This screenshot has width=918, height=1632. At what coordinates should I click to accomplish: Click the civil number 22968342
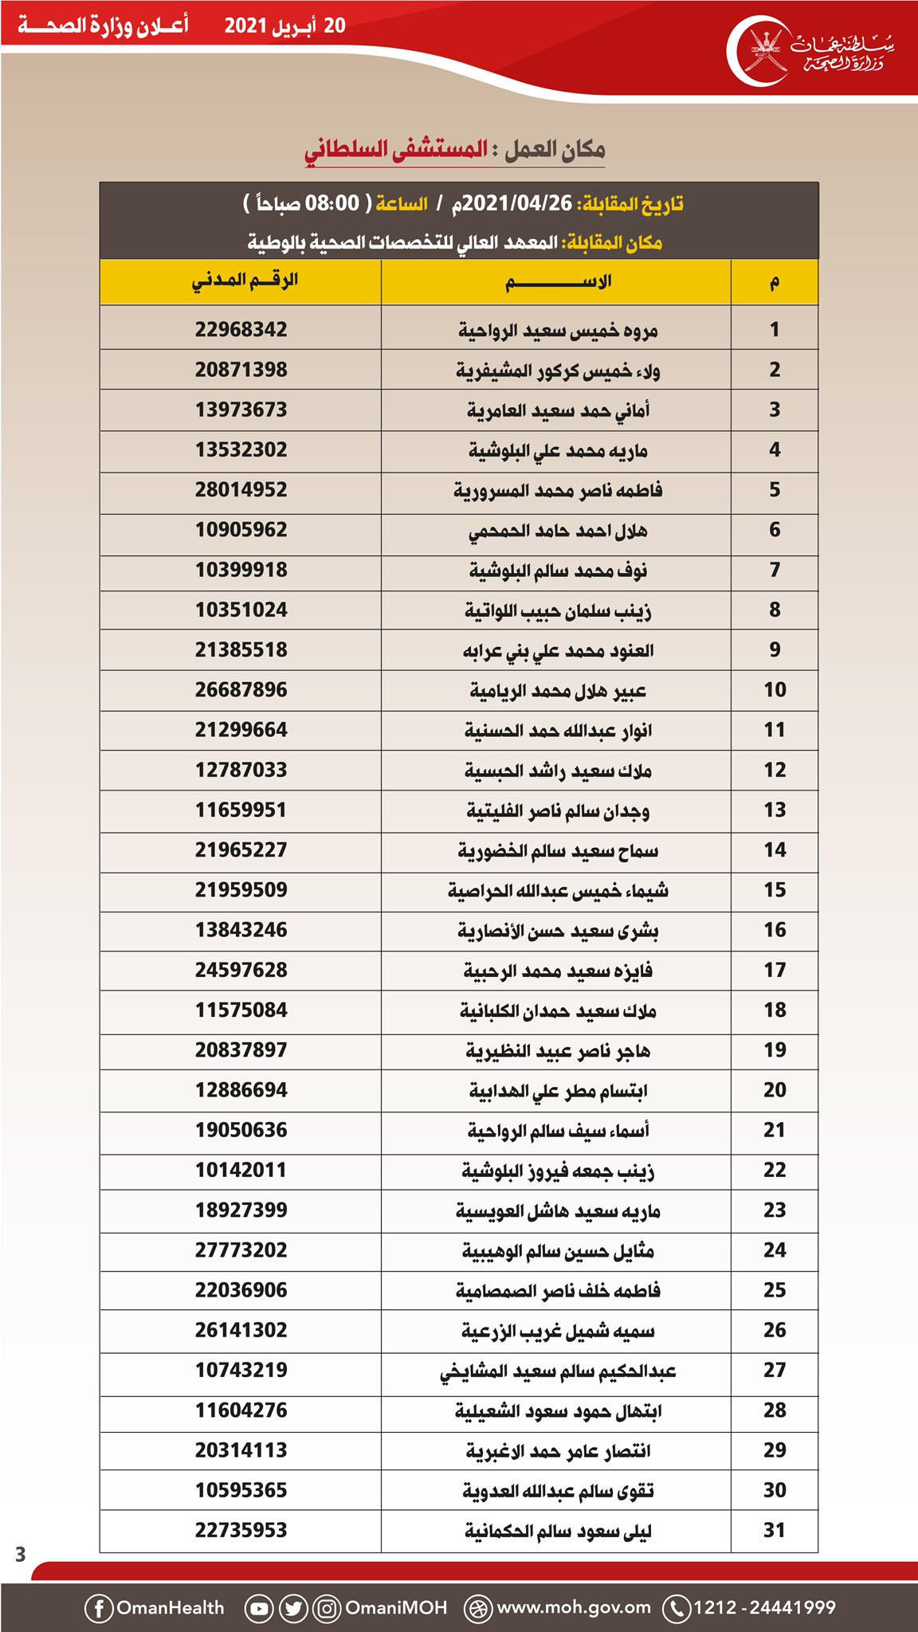[241, 330]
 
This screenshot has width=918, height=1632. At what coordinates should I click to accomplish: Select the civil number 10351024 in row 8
[241, 610]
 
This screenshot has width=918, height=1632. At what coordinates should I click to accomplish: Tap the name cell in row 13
[557, 810]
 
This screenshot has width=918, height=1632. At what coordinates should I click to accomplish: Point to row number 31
[775, 1530]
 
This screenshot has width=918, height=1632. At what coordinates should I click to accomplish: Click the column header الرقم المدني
[245, 281]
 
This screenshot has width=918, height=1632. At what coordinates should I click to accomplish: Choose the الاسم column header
[557, 282]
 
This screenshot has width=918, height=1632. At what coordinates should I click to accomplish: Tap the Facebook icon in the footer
[99, 1608]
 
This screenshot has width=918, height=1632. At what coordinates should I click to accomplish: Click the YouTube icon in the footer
[259, 1608]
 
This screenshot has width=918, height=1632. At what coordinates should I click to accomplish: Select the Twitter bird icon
[293, 1608]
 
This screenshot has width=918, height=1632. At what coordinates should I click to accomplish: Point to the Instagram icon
[327, 1608]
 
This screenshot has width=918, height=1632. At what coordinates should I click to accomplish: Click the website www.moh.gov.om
[573, 1607]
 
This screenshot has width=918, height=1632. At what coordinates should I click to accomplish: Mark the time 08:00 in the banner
[332, 204]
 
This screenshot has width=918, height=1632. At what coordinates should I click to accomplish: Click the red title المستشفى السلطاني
[396, 150]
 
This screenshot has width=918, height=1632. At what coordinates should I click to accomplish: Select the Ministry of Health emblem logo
[767, 51]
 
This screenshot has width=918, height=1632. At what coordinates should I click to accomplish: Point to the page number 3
[21, 1553]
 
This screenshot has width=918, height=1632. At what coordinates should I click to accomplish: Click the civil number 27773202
[241, 1250]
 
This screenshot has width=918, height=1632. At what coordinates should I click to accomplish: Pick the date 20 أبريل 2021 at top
[284, 25]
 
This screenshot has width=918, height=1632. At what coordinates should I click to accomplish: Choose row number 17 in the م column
[775, 970]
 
